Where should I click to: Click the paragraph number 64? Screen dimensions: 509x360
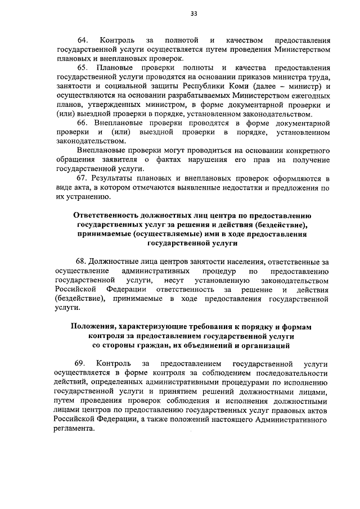(83, 40)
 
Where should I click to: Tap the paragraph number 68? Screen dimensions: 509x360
(82, 262)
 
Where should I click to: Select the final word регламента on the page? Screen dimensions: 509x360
(72, 428)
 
